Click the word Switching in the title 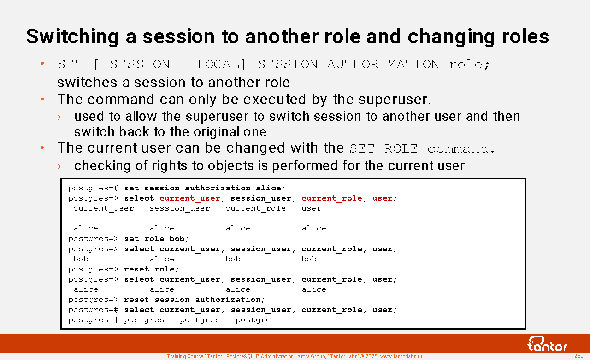[x=73, y=37]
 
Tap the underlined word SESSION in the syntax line [x=140, y=65]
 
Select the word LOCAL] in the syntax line [x=221, y=65]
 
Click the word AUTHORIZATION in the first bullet [x=383, y=65]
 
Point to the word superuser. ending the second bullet [x=395, y=100]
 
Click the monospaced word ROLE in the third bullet [x=401, y=149]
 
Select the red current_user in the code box [x=189, y=198]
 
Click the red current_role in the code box [x=331, y=198]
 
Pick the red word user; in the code [x=384, y=198]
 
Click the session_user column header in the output [x=180, y=208]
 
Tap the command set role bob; [x=157, y=239]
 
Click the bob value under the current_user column [x=81, y=259]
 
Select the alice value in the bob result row [x=162, y=259]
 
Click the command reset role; [x=152, y=269]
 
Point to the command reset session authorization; [x=195, y=300]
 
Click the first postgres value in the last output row [x=88, y=320]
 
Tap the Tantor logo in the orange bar [x=547, y=344]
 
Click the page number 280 [x=579, y=356]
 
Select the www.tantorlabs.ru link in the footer [x=401, y=357]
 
